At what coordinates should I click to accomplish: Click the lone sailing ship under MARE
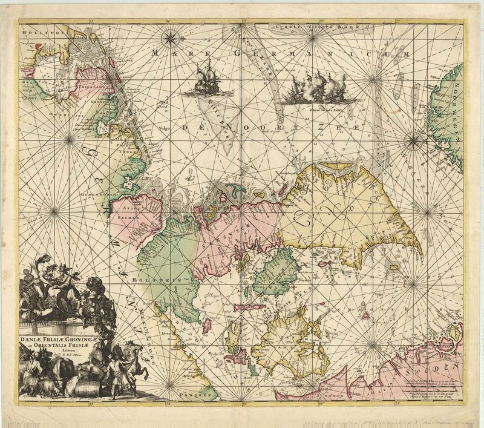pyautogui.click(x=206, y=81)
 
